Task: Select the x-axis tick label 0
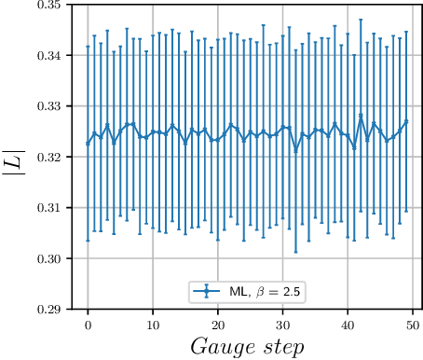88,324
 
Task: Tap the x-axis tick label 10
153,324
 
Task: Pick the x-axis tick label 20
217,324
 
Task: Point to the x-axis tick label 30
282,324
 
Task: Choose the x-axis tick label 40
348,324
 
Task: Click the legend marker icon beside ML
206,292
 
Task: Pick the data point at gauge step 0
88,143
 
